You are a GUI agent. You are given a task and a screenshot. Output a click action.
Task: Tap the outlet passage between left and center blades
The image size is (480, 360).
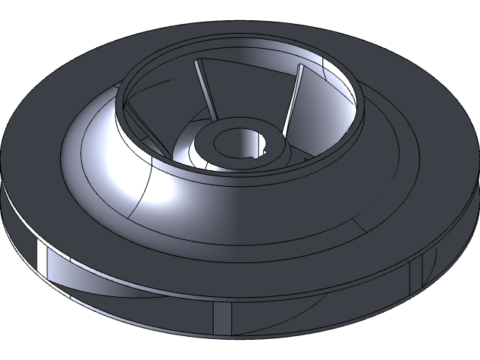pos(127,296)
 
